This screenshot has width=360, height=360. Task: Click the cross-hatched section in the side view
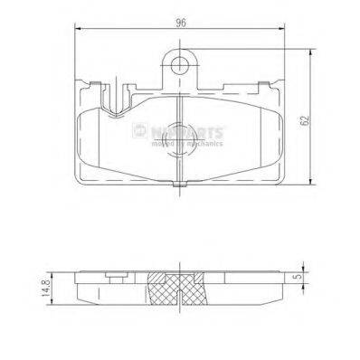coord(179,288)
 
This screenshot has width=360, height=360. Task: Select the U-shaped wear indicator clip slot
coord(115,95)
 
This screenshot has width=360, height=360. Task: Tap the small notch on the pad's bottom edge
coord(179,186)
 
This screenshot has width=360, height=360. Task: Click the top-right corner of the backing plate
coord(281,83)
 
